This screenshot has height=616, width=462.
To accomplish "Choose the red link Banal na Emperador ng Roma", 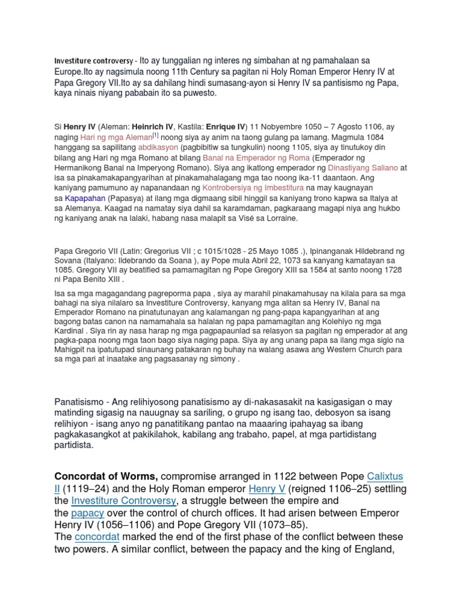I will [x=253, y=158].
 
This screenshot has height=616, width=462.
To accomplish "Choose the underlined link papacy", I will [x=88, y=513].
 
